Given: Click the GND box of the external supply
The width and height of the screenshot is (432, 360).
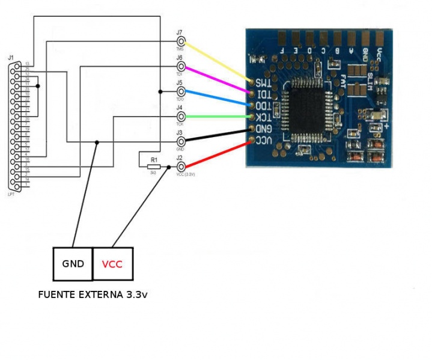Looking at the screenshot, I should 73,264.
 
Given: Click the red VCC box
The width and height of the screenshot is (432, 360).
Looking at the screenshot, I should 112,264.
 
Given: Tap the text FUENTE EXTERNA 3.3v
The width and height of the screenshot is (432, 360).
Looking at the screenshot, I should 93,295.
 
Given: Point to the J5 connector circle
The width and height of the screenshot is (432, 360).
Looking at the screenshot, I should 180,91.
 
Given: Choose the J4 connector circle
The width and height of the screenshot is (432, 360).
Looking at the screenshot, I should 180,116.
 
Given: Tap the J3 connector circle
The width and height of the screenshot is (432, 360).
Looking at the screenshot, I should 180,141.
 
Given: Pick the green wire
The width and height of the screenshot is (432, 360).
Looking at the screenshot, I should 216,116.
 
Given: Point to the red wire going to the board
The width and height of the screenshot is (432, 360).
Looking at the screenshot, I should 216,154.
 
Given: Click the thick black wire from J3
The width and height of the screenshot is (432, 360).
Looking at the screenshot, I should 216,135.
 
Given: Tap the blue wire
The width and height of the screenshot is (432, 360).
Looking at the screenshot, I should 216,97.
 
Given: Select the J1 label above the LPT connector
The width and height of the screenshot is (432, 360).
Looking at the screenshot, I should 10,58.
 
